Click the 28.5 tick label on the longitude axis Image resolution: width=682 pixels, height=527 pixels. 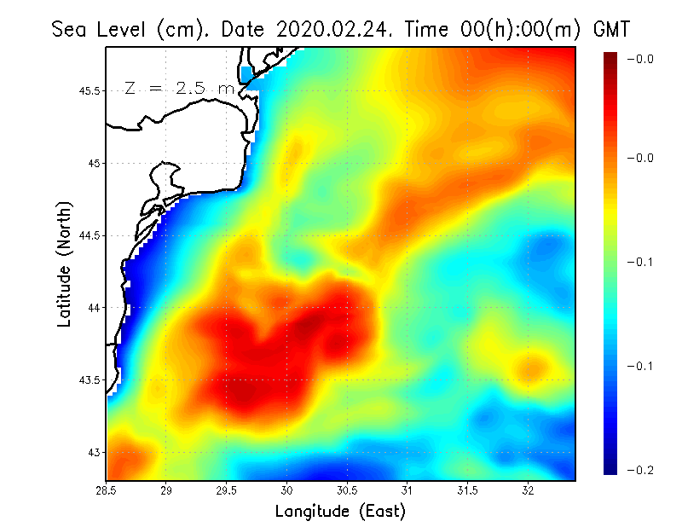click(107, 489)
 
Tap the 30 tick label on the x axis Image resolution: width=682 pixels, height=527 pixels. click(287, 489)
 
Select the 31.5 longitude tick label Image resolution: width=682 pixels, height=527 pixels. click(468, 489)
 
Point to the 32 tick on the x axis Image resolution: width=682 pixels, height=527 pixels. click(529, 489)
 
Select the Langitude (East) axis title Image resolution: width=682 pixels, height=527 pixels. click(340, 512)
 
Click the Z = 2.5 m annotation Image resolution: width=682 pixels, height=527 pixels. click(179, 88)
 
